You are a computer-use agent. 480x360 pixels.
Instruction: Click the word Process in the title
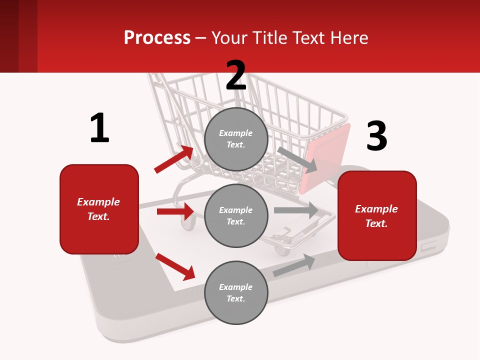point(157,37)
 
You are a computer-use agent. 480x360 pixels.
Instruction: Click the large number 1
point(99,128)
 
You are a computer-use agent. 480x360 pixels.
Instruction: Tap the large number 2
point(236,75)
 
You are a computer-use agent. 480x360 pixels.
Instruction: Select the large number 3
point(376,136)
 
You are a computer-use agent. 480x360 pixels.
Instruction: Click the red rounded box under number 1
point(99,209)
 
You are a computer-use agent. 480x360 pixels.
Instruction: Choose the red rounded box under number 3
point(377,216)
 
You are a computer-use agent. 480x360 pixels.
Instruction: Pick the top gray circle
point(236,139)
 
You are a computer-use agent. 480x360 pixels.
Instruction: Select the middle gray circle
point(236,215)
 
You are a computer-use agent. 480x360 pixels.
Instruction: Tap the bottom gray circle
point(236,292)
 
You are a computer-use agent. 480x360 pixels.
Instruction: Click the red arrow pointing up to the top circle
point(174,159)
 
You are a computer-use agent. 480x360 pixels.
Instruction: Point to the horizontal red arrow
point(175,211)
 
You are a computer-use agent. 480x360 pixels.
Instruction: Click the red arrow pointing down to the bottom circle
point(175,266)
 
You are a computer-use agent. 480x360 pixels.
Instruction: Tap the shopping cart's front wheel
point(188,223)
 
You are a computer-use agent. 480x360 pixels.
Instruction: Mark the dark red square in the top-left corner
point(9,36)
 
